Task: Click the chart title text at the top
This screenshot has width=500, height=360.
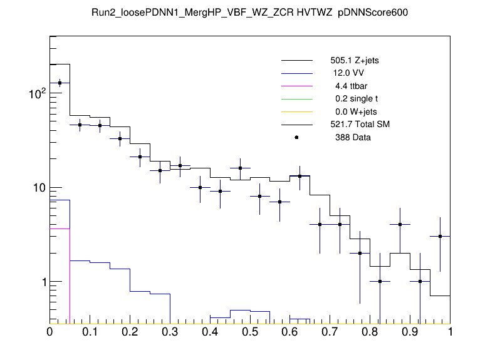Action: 249,14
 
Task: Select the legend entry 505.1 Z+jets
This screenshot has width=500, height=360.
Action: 354,61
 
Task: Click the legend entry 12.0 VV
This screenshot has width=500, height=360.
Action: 349,73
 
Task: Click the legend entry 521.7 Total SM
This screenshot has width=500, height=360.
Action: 360,125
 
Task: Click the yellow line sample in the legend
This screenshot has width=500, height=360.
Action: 296,111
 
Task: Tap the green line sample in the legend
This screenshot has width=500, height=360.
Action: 296,99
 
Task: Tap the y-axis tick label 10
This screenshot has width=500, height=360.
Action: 36,188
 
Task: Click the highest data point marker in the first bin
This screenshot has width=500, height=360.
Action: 60,83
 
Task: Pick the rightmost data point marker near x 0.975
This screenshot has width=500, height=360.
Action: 440,236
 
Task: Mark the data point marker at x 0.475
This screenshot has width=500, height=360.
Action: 240,168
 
